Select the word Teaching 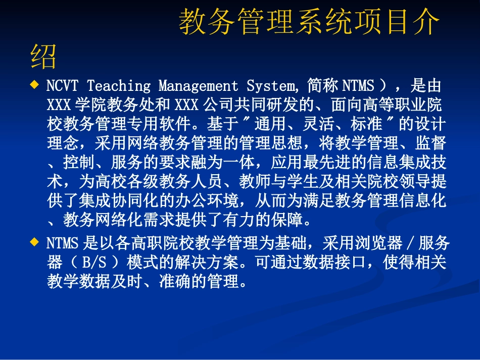pos(119,86)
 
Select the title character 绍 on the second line pos(43,57)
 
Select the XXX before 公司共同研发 pos(187,105)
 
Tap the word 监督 pos(431,143)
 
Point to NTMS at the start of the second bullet pos(62,244)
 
